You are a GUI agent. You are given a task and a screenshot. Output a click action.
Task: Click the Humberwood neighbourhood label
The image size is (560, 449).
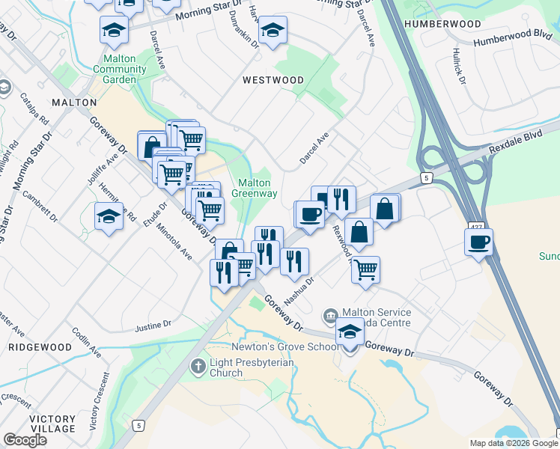coord(441,24)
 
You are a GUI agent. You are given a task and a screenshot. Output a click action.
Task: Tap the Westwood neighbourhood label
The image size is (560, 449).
coord(273,80)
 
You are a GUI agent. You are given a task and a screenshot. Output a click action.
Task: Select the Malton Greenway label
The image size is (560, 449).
coord(258,188)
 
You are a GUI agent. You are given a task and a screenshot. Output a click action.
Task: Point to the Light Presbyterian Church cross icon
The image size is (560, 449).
coord(198,367)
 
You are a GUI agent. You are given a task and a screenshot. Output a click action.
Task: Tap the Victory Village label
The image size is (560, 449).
coord(52,424)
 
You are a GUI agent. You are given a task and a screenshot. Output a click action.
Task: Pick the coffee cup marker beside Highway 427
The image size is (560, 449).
coord(479,242)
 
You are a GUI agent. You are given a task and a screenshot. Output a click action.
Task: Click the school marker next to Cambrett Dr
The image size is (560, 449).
coord(109,216)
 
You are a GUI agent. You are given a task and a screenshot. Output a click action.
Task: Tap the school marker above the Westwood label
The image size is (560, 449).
coord(273,31)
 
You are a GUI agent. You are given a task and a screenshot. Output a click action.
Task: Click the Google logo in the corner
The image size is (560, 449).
coord(25,440)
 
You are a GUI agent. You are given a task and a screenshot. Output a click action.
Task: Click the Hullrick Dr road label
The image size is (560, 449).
coord(459,66)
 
